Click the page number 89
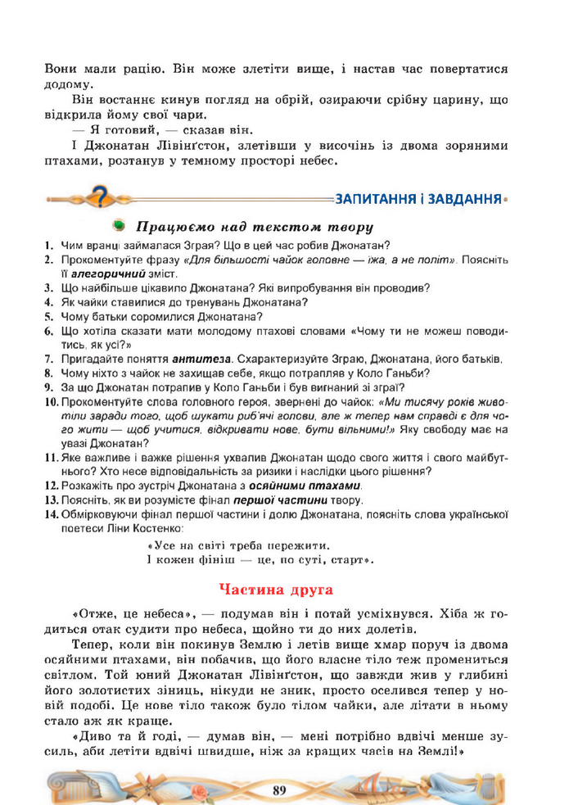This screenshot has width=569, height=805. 279,789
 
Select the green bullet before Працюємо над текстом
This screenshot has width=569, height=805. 120,225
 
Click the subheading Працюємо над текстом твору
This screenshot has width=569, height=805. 255,226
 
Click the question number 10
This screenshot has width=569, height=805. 51,402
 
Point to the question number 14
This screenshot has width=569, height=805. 51,514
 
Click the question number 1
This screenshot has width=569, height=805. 49,244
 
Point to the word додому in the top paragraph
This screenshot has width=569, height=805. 69,84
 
